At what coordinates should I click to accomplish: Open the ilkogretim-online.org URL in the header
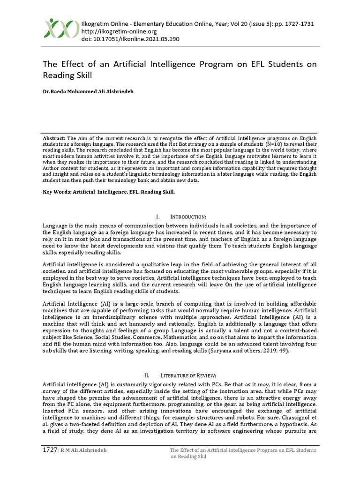click(119, 31)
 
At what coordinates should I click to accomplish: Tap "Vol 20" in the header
click(241, 24)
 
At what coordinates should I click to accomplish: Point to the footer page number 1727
click(49, 450)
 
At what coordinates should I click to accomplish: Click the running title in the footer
click(243, 453)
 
